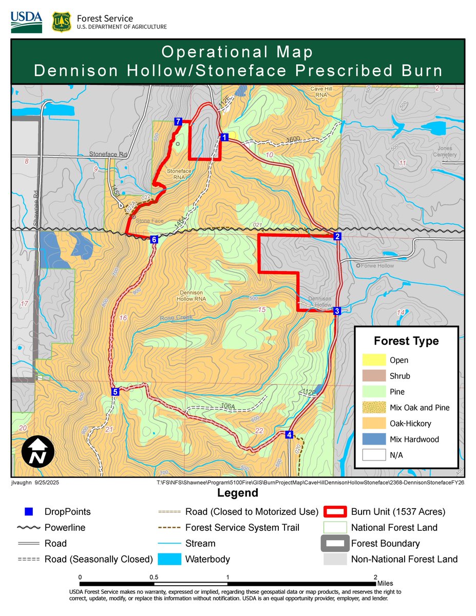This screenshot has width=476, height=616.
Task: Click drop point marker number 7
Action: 178,122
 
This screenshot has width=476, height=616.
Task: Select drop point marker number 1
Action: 224,137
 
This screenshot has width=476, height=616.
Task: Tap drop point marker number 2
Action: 337,236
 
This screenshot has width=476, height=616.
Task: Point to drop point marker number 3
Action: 337,311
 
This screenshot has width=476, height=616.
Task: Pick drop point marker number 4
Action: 289,435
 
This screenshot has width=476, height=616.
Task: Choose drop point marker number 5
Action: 115,392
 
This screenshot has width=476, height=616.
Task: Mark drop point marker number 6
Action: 154,239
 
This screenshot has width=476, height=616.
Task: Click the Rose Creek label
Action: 176,317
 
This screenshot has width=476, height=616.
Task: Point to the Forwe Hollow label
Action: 378,266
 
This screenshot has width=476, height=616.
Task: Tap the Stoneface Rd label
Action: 108,154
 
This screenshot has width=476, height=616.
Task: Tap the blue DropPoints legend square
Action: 29,512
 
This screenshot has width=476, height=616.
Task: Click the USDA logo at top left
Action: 26,21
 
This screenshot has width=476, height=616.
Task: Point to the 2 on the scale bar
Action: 377,577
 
